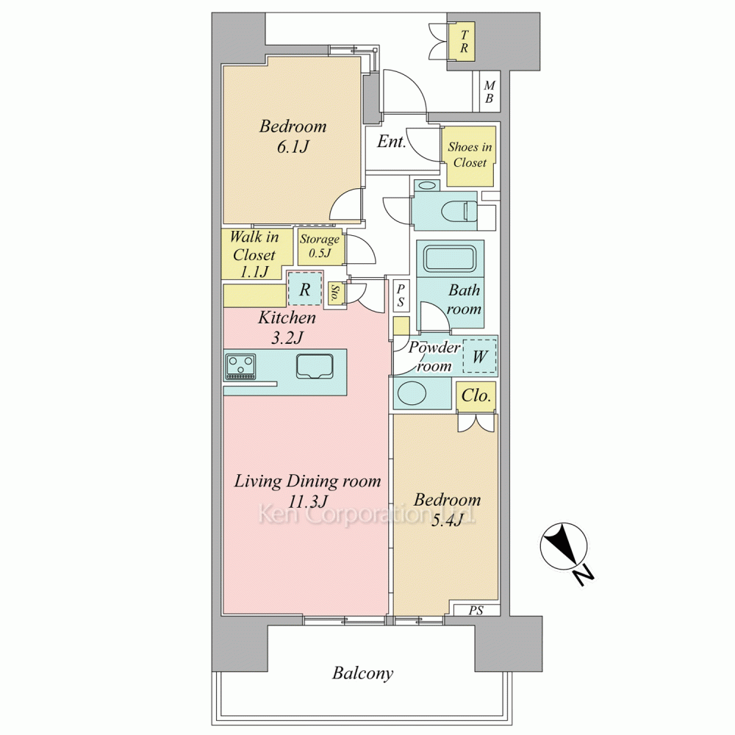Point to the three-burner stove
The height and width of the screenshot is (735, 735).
pyautogui.click(x=241, y=367)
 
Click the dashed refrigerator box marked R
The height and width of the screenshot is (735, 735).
pyautogui.click(x=305, y=289)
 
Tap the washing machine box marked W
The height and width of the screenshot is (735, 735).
pyautogui.click(x=479, y=356)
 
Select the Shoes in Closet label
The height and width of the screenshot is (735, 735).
pyautogui.click(x=470, y=154)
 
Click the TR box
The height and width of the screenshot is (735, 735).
pyautogui.click(x=464, y=41)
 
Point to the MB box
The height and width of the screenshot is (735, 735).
pyautogui.click(x=490, y=92)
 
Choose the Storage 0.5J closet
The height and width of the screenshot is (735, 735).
pyautogui.click(x=320, y=246)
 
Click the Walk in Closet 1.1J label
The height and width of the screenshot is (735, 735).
pyautogui.click(x=254, y=254)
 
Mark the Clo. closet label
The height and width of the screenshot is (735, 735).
pyautogui.click(x=476, y=395)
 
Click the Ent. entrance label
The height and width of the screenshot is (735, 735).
pyautogui.click(x=392, y=141)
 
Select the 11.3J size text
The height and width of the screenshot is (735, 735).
pyautogui.click(x=307, y=502)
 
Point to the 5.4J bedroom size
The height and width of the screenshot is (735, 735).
pyautogui.click(x=447, y=520)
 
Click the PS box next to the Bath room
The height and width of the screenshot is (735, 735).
pyautogui.click(x=401, y=296)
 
